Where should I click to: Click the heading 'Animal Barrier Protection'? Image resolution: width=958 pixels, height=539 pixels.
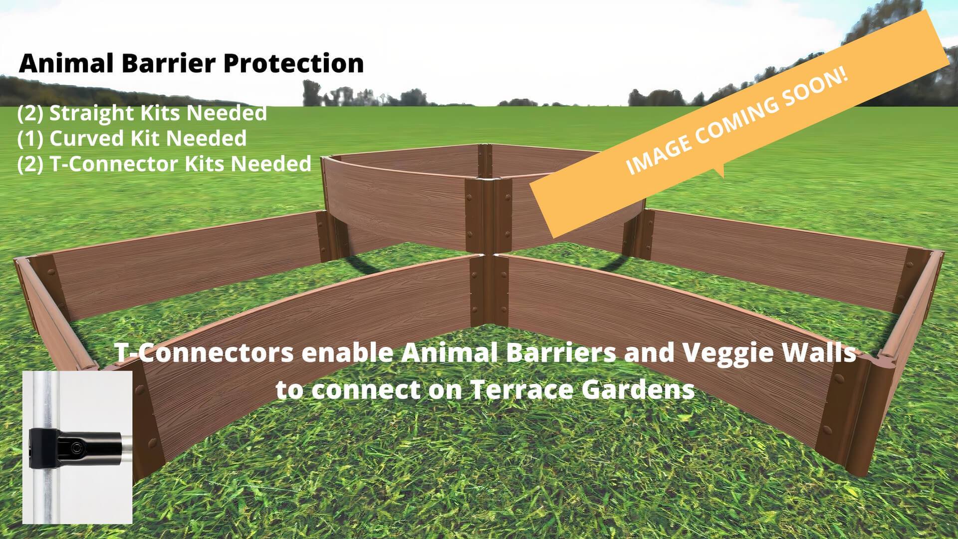coord(191,64)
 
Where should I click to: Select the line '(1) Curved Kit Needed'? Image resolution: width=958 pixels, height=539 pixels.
coord(132,139)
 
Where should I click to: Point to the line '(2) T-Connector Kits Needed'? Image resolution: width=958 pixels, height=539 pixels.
coord(164,164)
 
